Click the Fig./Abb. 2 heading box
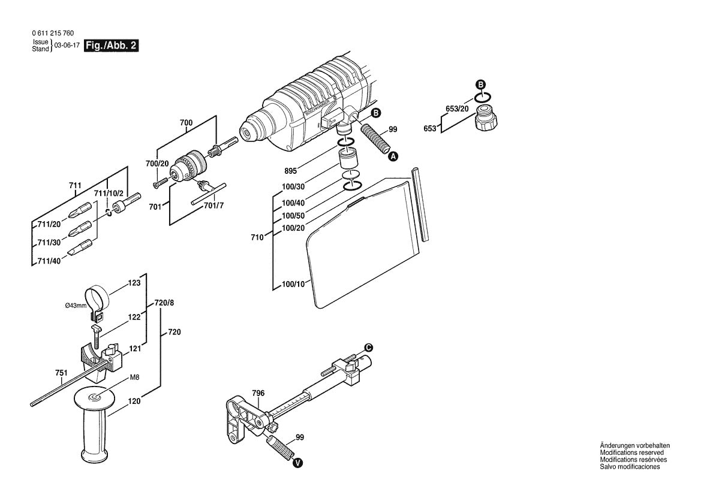(x=112, y=46)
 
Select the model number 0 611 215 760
(x=52, y=34)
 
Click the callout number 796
(x=258, y=393)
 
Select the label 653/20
(x=457, y=108)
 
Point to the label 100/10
(x=293, y=283)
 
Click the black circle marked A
(x=393, y=156)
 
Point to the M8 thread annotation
(x=136, y=378)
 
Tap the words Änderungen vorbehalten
(x=634, y=445)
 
